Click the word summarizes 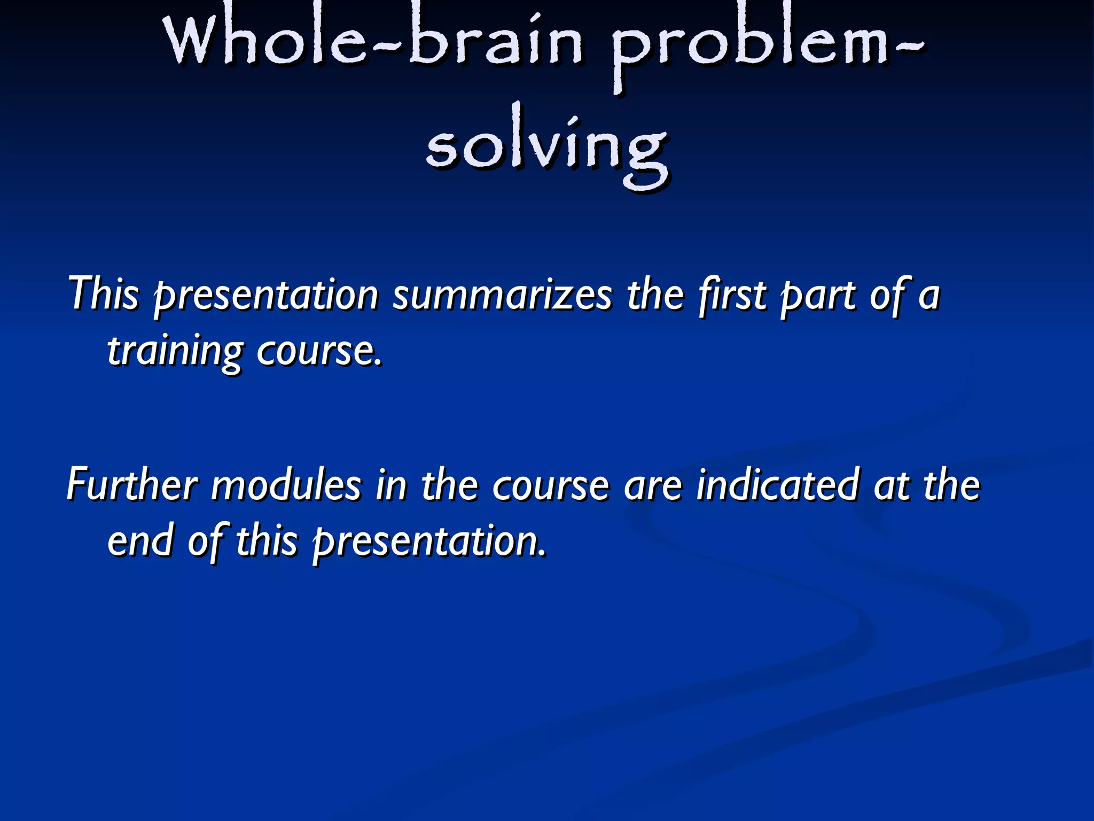(502, 296)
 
